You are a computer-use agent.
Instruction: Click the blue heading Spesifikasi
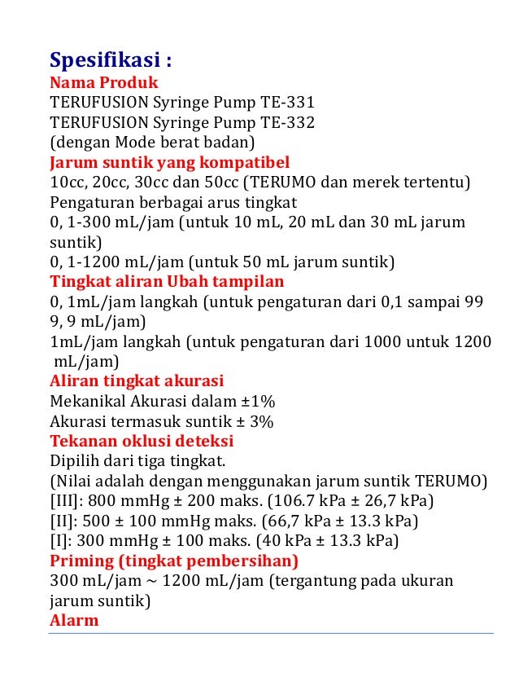(x=111, y=61)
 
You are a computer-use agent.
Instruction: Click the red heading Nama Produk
(x=104, y=83)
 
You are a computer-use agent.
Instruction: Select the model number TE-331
(x=288, y=103)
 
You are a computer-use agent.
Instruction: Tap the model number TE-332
(x=288, y=122)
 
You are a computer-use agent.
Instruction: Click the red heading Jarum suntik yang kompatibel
(x=170, y=161)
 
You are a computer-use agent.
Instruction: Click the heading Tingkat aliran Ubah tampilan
(x=167, y=282)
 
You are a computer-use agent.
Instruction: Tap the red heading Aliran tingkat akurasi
(x=137, y=381)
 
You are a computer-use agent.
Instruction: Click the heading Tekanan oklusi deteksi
(x=142, y=441)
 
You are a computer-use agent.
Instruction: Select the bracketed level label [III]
(x=66, y=500)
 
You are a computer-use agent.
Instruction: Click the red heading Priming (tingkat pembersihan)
(x=174, y=561)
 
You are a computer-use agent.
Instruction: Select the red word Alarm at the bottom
(x=74, y=620)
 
